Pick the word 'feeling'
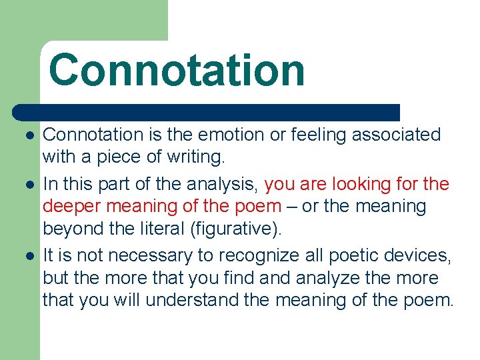point(317,135)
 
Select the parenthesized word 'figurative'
point(236,229)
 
